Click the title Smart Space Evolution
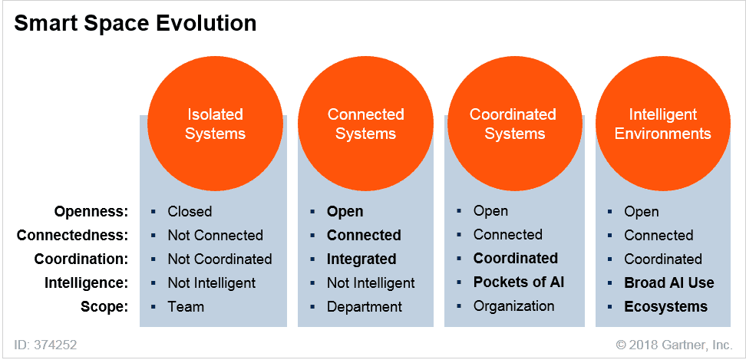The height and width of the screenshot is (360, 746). point(135,24)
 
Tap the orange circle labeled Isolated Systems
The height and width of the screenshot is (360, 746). point(215,124)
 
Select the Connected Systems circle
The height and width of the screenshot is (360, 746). point(365,124)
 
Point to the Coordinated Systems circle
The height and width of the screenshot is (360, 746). point(513,124)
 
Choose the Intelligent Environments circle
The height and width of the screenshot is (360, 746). point(663,124)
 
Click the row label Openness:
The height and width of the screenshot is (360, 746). point(91,211)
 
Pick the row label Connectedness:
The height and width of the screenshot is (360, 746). point(72,235)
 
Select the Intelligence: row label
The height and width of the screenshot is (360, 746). point(85,282)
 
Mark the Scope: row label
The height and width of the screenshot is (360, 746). point(104,306)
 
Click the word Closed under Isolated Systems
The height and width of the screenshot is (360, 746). point(190,211)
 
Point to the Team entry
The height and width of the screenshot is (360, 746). point(186,306)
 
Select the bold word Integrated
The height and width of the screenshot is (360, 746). point(361,259)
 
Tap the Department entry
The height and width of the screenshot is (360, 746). point(364,306)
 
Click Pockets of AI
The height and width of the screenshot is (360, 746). point(518,282)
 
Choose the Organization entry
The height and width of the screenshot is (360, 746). point(513,306)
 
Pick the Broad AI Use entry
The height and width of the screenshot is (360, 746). point(668,282)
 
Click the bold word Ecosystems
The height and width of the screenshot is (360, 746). point(665,306)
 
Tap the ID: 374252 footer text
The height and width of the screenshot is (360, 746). point(45,345)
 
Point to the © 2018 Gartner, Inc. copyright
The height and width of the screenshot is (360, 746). point(673,345)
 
